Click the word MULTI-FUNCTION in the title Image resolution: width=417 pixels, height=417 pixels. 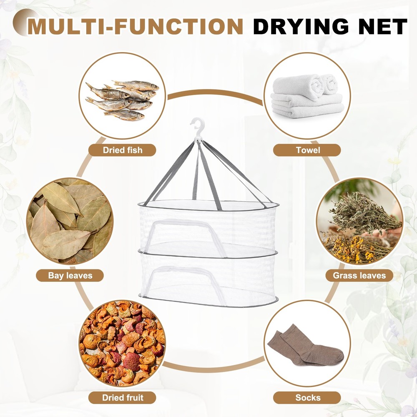click(136, 26)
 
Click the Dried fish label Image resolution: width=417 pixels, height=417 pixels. click(122, 150)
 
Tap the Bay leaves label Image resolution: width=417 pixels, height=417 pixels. click(70, 275)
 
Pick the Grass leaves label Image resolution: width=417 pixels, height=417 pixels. click(359, 275)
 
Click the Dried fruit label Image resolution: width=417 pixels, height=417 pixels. click(123, 397)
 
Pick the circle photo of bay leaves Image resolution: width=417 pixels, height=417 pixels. click(70, 221)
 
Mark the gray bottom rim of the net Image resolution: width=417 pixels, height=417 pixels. click(208, 304)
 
